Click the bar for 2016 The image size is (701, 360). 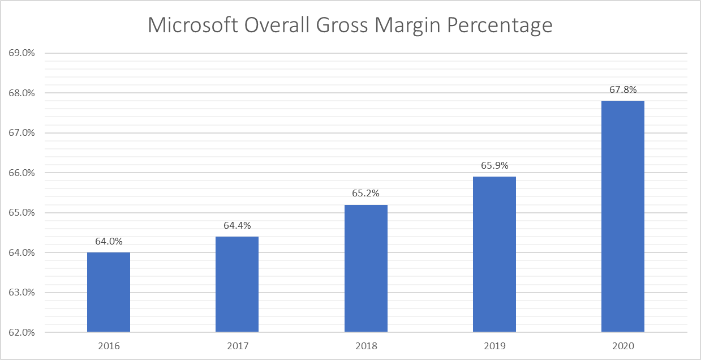point(109,292)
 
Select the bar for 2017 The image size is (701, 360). point(237,284)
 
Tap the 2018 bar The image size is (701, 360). point(366,268)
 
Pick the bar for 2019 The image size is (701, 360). point(494,254)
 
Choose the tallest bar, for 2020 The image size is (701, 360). point(623,216)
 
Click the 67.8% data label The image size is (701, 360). point(623,89)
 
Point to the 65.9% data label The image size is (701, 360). point(494,166)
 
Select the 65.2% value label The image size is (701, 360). point(366,194)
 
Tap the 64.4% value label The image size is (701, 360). point(237,225)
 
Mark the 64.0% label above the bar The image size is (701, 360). point(109,242)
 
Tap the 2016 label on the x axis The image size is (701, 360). point(109,345)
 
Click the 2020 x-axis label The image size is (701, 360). point(623,345)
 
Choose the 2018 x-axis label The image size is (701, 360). point(366,345)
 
